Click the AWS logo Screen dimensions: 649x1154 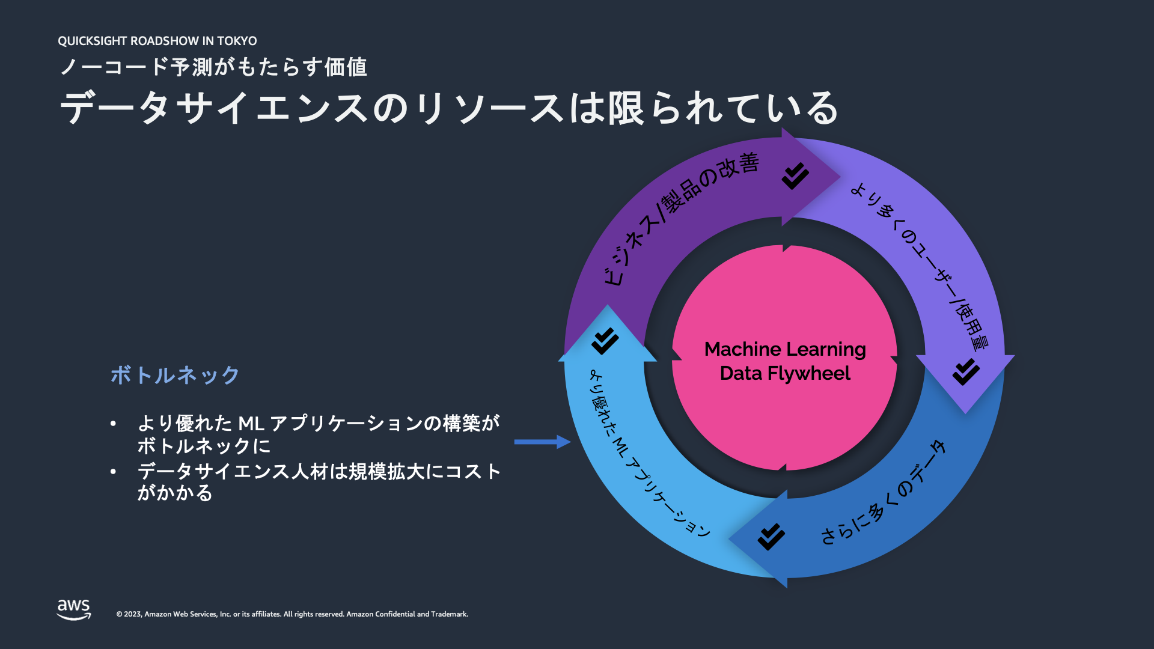pyautogui.click(x=73, y=609)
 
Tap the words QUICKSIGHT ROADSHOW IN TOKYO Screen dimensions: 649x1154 pyautogui.click(x=157, y=41)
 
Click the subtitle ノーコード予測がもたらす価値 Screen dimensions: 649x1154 pyautogui.click(x=213, y=67)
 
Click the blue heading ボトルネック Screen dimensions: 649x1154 pyautogui.click(x=175, y=375)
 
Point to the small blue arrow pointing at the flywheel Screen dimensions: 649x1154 pyautogui.click(x=542, y=442)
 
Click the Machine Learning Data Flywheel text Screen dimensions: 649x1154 pyautogui.click(x=785, y=361)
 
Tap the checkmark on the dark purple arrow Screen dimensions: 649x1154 pyautogui.click(x=795, y=175)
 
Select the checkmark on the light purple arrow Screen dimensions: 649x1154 pyautogui.click(x=966, y=371)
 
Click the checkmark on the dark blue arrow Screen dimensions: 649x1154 pyautogui.click(x=771, y=537)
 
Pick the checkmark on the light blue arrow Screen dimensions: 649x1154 pyautogui.click(x=605, y=341)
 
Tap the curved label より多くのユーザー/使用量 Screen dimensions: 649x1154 pyautogui.click(x=923, y=264)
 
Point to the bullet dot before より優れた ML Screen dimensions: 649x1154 pyautogui.click(x=113, y=424)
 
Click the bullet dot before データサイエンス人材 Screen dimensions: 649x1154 pyautogui.click(x=113, y=472)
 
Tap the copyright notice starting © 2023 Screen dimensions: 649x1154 pyautogui.click(x=292, y=614)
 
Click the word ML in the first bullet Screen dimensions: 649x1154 pyautogui.click(x=251, y=424)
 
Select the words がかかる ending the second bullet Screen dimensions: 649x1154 pyautogui.click(x=175, y=493)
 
